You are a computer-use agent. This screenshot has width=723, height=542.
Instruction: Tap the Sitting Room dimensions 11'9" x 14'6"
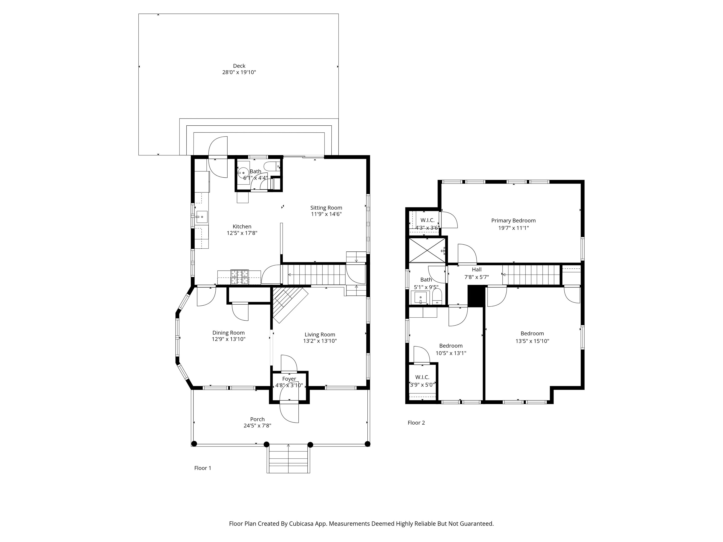point(326,214)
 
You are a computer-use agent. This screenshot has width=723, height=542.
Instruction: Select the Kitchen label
point(242,226)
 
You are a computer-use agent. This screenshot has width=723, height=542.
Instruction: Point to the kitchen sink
point(202,217)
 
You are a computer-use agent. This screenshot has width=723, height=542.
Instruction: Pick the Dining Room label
point(229,333)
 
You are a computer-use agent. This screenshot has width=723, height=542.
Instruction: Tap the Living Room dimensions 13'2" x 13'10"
point(320,341)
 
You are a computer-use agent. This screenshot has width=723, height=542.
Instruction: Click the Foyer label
point(289,379)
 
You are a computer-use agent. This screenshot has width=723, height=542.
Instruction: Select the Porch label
point(257,419)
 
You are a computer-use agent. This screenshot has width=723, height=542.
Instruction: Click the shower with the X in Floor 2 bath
point(427,250)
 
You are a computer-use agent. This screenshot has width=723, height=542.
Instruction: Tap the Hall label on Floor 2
point(477,270)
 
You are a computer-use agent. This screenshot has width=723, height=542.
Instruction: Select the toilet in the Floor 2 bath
point(437,297)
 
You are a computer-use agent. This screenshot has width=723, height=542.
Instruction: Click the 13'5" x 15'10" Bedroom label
point(532,334)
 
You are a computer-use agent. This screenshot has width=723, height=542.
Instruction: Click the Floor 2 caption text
point(416,423)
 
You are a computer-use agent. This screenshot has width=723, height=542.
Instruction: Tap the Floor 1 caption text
point(203,468)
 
